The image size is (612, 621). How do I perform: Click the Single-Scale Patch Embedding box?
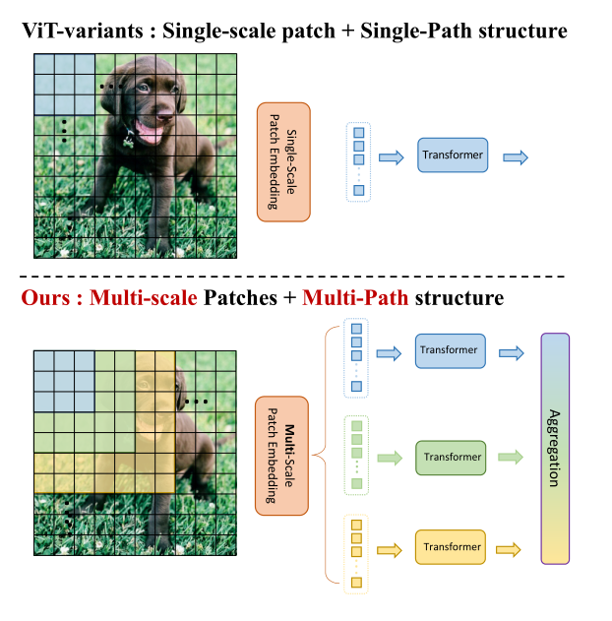[x=282, y=160]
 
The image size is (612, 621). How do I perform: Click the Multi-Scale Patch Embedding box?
[x=282, y=457]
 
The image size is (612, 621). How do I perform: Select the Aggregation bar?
[x=555, y=449]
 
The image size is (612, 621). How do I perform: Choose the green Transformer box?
[x=452, y=457]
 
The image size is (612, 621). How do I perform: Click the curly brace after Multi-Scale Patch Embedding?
[x=321, y=457]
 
